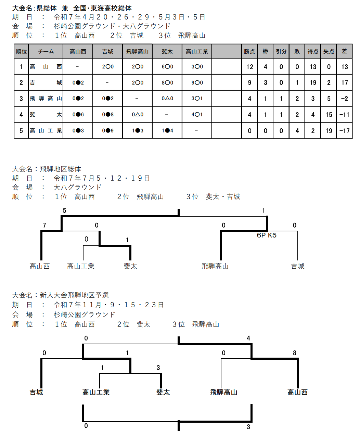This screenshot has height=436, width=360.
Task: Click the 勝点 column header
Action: (249, 51)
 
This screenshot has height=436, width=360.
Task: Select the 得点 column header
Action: (313, 51)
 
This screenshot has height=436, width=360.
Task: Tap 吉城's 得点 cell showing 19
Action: (313, 83)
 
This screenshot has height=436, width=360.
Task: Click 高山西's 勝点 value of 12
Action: (249, 67)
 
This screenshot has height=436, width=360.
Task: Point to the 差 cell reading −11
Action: (344, 115)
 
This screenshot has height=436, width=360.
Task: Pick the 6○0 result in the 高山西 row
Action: (167, 67)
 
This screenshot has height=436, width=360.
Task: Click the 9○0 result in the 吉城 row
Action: (197, 83)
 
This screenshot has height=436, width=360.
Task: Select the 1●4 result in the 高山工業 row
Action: (167, 131)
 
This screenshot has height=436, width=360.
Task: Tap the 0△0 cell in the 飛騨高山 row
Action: (167, 99)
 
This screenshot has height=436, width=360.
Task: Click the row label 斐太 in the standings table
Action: (46, 114)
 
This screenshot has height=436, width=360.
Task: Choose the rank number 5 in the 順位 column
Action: (21, 131)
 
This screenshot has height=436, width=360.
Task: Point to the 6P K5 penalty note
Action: (267, 235)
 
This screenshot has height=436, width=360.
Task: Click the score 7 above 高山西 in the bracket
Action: (44, 225)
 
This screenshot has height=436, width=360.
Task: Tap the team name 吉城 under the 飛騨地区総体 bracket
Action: (298, 266)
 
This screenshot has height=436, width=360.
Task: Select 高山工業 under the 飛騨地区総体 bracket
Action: (81, 266)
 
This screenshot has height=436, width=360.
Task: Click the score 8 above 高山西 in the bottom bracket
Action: (294, 353)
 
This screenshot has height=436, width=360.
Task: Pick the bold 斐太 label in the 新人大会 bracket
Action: (163, 392)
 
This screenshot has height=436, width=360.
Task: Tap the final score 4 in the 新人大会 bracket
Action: (248, 338)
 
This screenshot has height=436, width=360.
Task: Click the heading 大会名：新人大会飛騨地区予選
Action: (61, 295)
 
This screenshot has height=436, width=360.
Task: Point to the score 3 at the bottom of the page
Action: (248, 427)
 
